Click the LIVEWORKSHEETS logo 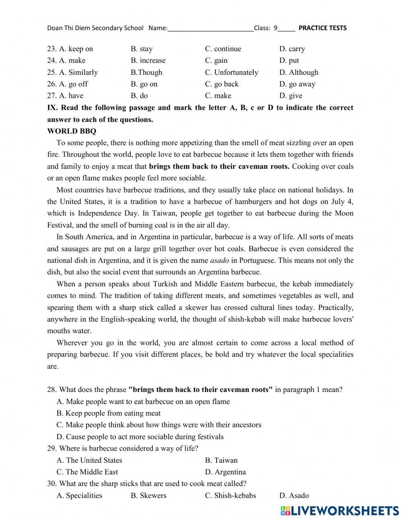(x=339, y=511)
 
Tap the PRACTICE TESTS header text (x=322, y=28)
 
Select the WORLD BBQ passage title (x=72, y=131)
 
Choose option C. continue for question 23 (x=223, y=49)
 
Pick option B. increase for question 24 (x=148, y=61)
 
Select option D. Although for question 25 (x=299, y=72)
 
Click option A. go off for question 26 (x=73, y=84)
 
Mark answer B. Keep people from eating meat (x=109, y=413)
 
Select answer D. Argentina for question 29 (x=225, y=472)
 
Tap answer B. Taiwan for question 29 (x=221, y=460)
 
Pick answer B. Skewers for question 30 (x=148, y=496)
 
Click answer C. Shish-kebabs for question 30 (x=230, y=496)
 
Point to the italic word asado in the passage (x=219, y=261)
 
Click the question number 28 (x=51, y=390)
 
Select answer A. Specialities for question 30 (x=79, y=496)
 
